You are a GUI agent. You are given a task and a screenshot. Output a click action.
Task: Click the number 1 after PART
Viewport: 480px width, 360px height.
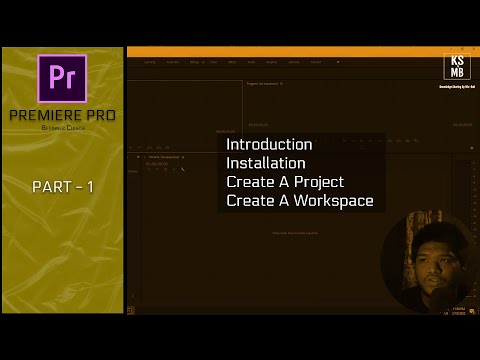coord(91,187)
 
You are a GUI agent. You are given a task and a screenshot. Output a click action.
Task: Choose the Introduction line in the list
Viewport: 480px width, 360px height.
coord(269,144)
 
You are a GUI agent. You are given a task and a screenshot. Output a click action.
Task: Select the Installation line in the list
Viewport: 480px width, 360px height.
coord(266,163)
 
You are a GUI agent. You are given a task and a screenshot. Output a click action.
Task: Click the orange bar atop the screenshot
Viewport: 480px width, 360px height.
coord(300,50)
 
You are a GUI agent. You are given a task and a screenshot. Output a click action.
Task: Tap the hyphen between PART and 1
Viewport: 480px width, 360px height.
coord(77,187)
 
